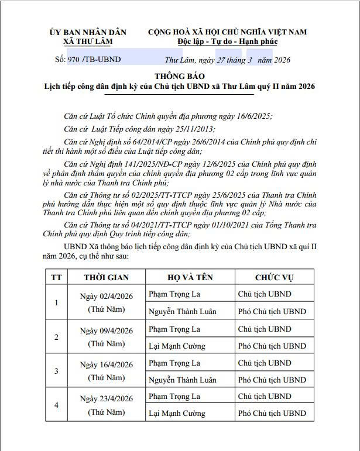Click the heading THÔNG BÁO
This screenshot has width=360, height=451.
[x=179, y=76]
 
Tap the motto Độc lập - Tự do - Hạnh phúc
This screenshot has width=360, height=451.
[x=227, y=42]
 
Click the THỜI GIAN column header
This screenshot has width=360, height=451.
[x=106, y=277]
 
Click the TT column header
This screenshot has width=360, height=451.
[x=56, y=277]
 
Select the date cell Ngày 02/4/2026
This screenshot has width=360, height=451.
[x=106, y=296]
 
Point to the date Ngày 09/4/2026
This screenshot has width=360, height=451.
[x=106, y=330]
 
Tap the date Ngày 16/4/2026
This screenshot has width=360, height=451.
[x=106, y=364]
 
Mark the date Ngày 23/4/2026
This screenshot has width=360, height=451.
[x=106, y=399]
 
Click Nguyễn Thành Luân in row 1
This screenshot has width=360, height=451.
[x=182, y=311]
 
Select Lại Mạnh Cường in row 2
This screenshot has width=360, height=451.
[x=177, y=346]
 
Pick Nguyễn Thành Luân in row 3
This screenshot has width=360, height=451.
[x=182, y=380]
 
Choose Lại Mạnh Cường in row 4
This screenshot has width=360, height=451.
[x=177, y=414]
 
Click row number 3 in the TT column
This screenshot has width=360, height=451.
[x=56, y=371]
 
